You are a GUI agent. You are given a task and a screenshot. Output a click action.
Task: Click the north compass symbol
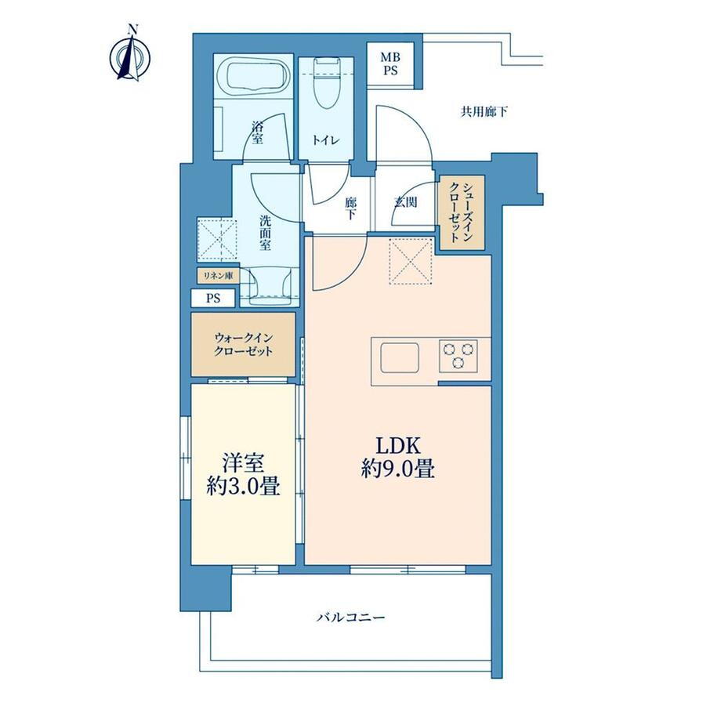129,57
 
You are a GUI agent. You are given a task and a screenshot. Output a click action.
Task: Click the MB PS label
390,64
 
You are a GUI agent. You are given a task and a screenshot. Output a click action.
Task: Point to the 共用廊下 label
484,111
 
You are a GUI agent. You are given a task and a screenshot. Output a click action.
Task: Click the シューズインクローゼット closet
462,213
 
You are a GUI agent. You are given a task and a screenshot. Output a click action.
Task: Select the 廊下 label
351,208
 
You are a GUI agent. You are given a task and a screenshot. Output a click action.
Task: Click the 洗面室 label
265,233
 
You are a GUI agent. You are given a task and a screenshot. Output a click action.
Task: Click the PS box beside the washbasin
213,298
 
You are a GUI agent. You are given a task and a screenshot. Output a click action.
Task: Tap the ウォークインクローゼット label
243,345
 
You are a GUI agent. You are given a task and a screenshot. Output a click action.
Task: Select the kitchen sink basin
400,357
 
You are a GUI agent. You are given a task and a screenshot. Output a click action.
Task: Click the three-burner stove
458,356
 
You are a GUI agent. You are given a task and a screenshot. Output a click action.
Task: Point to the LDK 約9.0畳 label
398,457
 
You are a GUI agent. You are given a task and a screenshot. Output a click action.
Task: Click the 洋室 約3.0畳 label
243,474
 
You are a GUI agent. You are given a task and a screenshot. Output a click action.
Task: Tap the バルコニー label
350,617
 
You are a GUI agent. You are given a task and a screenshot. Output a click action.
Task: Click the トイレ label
326,140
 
